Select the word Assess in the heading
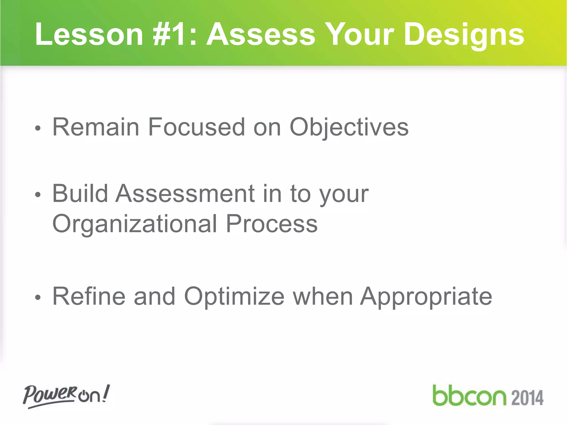261,34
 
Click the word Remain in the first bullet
96,127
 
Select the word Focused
196,127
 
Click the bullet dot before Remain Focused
38,128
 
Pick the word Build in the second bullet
80,193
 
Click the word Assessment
185,193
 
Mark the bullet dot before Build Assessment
38,195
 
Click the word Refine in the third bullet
89,296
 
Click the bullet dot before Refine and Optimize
38,298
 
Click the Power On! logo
66,396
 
